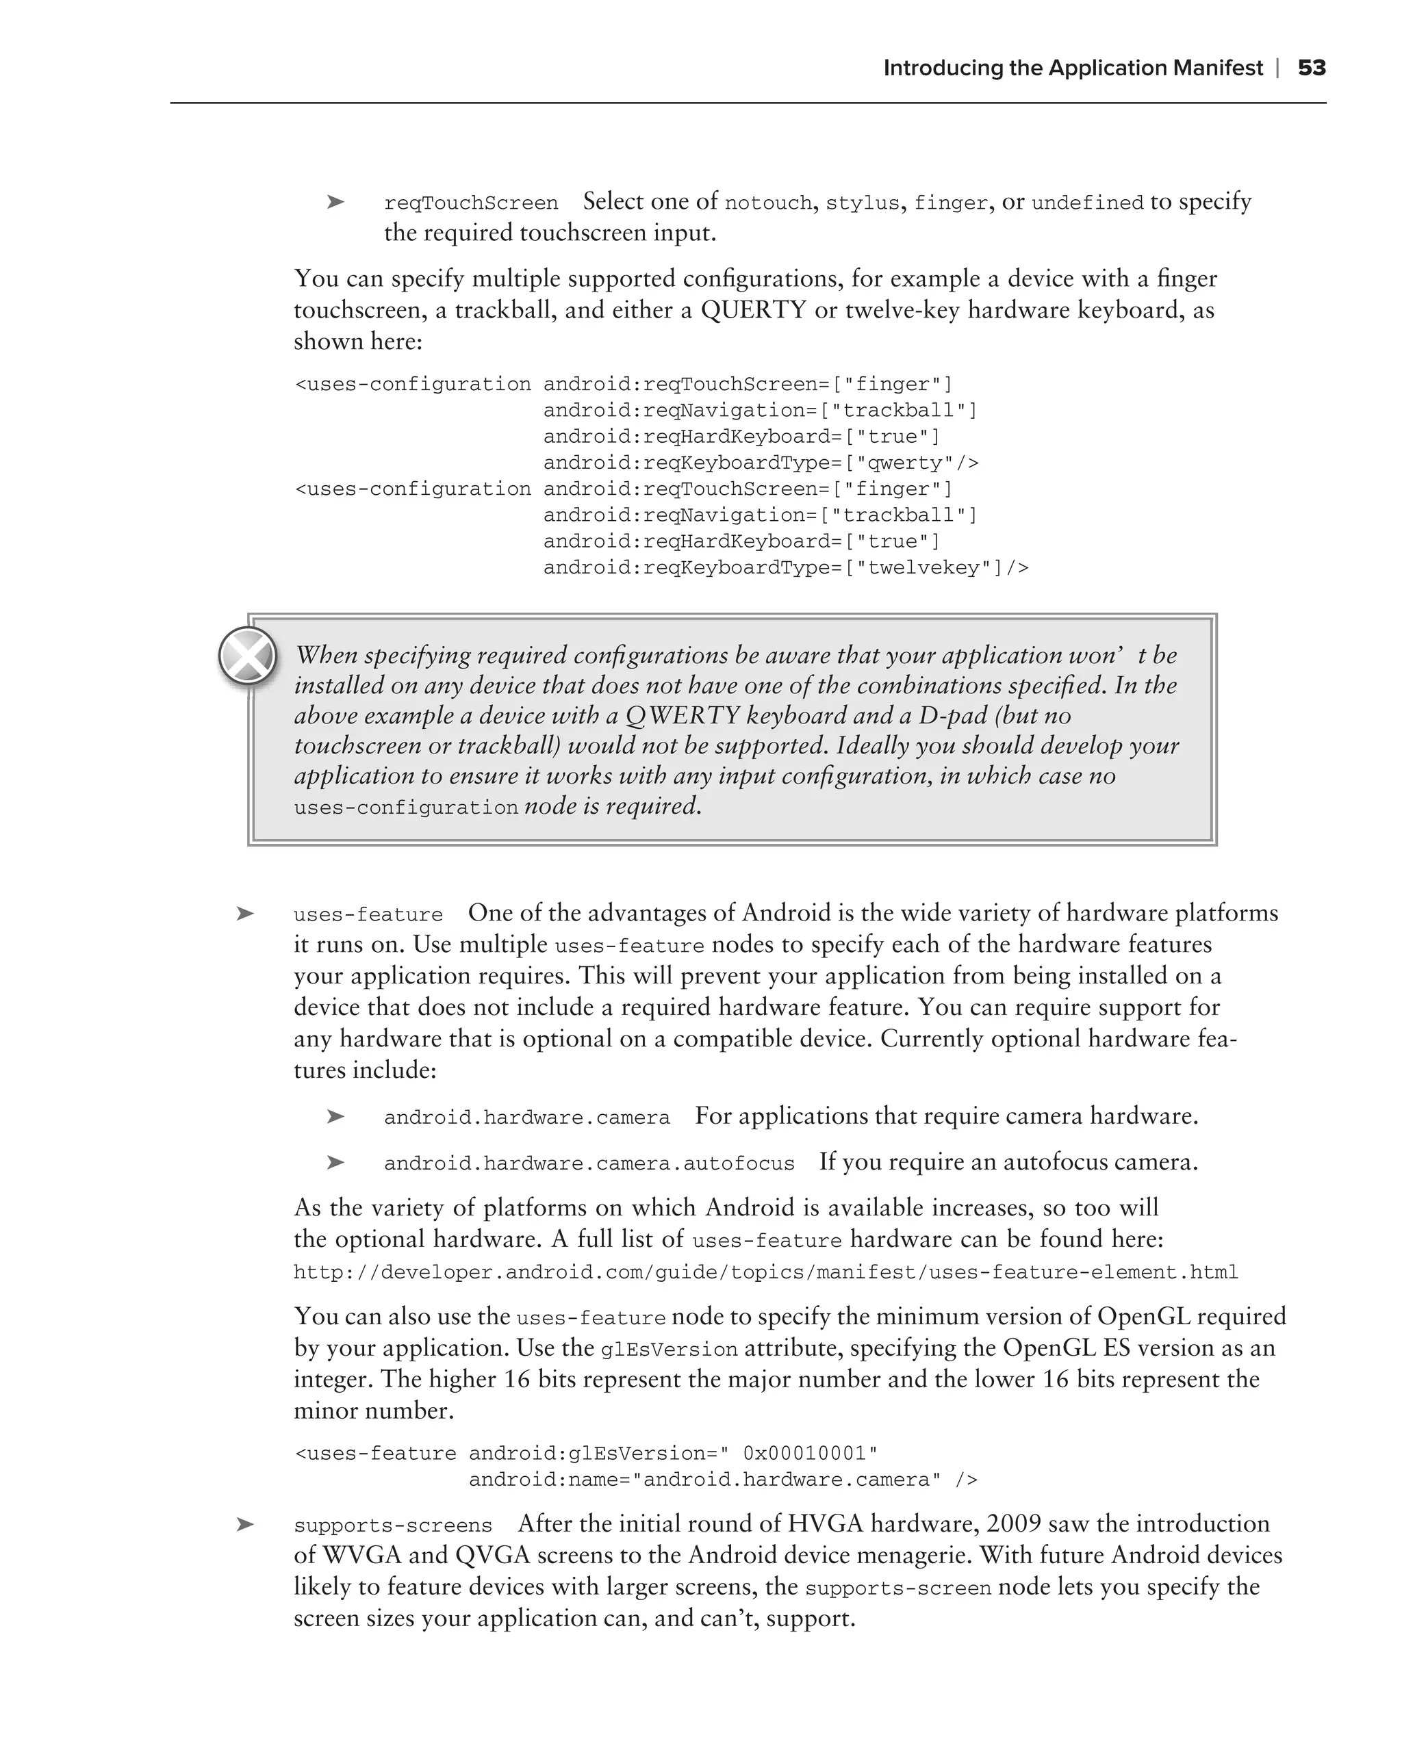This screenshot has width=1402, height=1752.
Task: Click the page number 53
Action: tap(1311, 68)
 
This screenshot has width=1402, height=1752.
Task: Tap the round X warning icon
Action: tap(248, 655)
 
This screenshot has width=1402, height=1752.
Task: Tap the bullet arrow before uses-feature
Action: tap(244, 914)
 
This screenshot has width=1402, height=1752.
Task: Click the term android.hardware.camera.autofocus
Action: tap(589, 1163)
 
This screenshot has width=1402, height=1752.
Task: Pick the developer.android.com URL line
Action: tap(765, 1272)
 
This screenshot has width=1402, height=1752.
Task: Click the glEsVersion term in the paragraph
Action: tap(668, 1350)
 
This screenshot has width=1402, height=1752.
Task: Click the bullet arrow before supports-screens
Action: tap(244, 1525)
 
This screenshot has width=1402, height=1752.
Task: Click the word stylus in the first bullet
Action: tap(863, 203)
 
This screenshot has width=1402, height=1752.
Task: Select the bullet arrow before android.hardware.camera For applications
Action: tap(335, 1118)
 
